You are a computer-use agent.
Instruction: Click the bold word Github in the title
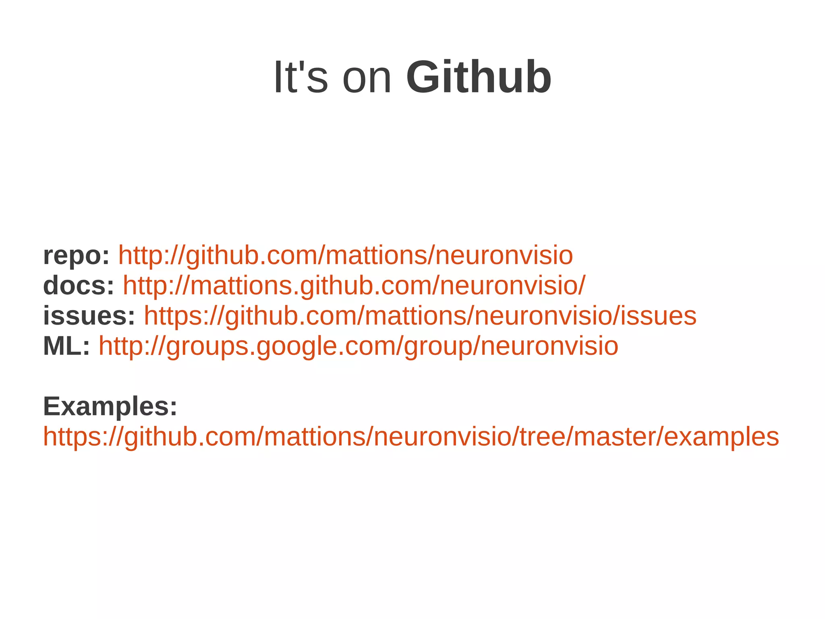click(479, 77)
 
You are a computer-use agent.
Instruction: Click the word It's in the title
click(301, 77)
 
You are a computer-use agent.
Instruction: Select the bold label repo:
click(76, 256)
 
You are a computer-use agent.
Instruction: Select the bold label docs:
click(79, 286)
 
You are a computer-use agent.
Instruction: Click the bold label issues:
click(89, 316)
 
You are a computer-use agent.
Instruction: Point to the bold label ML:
click(66, 346)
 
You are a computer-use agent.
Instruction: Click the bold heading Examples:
click(110, 406)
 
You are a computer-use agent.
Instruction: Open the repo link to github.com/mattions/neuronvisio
click(345, 256)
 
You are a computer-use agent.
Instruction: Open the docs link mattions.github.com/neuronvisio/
click(354, 286)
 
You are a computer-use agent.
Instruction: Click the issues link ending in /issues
click(420, 316)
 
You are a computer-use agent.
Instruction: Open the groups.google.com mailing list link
click(358, 346)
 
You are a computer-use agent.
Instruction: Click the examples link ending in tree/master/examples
click(411, 437)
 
